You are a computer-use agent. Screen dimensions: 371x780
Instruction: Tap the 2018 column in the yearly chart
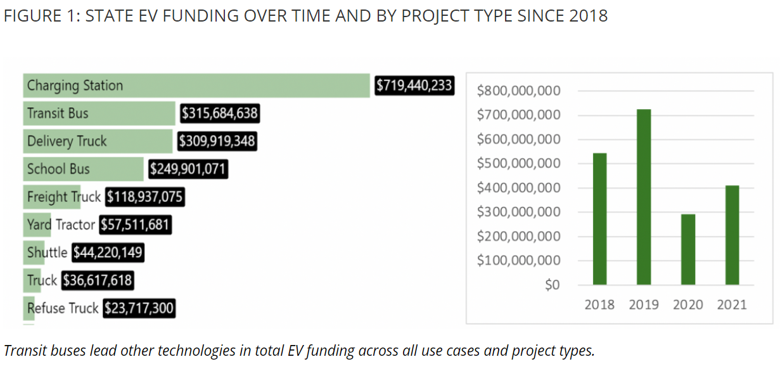pos(599,219)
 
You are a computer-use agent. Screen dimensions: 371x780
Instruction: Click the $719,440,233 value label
pos(414,86)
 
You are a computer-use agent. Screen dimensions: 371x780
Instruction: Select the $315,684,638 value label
pos(220,114)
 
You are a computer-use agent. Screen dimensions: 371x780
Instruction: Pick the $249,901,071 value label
pos(188,169)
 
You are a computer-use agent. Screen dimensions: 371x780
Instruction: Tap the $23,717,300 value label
pos(139,309)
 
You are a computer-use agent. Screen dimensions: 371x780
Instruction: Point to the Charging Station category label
pos(75,86)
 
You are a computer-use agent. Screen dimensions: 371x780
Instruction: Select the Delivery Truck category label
pos(67,141)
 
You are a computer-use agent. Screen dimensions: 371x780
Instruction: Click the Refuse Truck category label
pos(63,309)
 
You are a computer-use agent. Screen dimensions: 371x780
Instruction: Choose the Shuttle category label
pos(47,253)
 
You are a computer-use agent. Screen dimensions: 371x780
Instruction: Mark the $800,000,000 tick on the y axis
pos(518,91)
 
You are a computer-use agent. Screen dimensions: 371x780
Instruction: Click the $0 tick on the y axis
pos(552,285)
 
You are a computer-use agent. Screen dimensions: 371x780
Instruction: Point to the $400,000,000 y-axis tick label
pos(518,188)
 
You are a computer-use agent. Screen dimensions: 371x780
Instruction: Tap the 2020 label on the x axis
pos(687,305)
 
